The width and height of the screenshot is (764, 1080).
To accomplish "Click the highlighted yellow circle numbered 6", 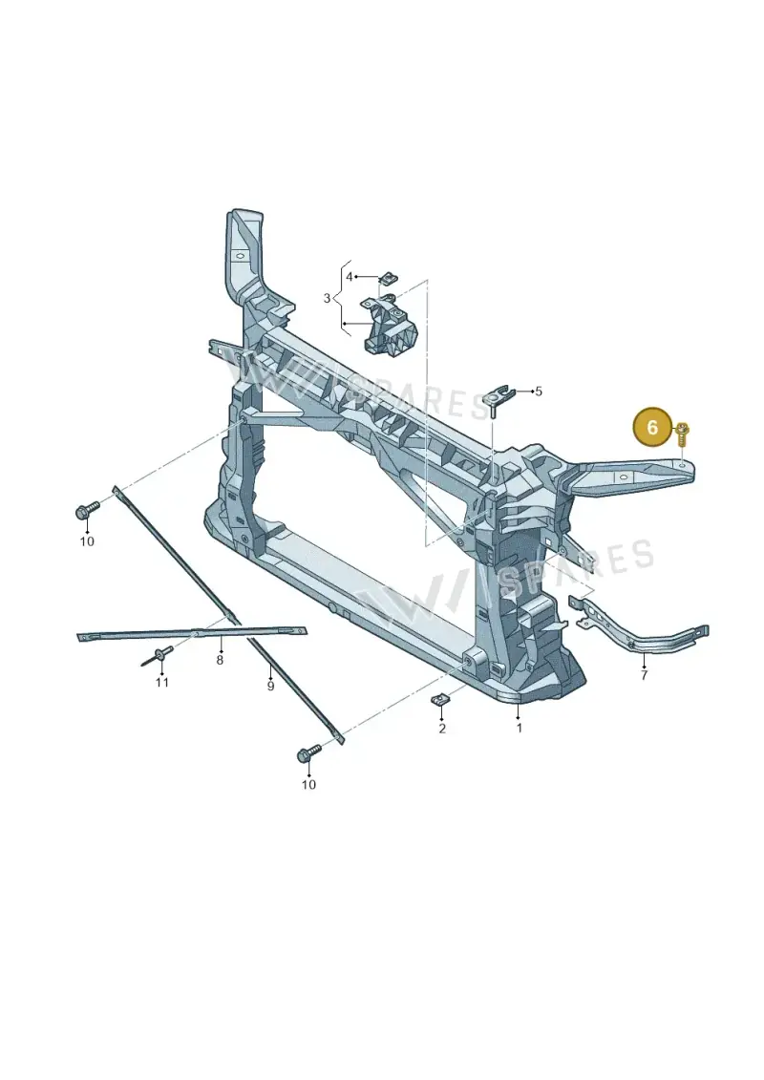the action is pyautogui.click(x=652, y=427).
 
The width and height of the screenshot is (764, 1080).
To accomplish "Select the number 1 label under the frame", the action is pyautogui.click(x=519, y=728).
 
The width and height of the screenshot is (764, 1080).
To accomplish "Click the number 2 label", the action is pyautogui.click(x=441, y=728).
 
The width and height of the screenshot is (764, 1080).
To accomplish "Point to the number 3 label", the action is pyautogui.click(x=328, y=298).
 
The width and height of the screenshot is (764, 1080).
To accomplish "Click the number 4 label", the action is pyautogui.click(x=350, y=276).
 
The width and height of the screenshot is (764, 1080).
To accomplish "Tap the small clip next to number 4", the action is pyautogui.click(x=388, y=278).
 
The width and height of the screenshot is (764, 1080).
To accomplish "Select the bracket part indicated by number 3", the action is pyautogui.click(x=389, y=324).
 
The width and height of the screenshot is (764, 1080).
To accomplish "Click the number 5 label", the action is pyautogui.click(x=539, y=392).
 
